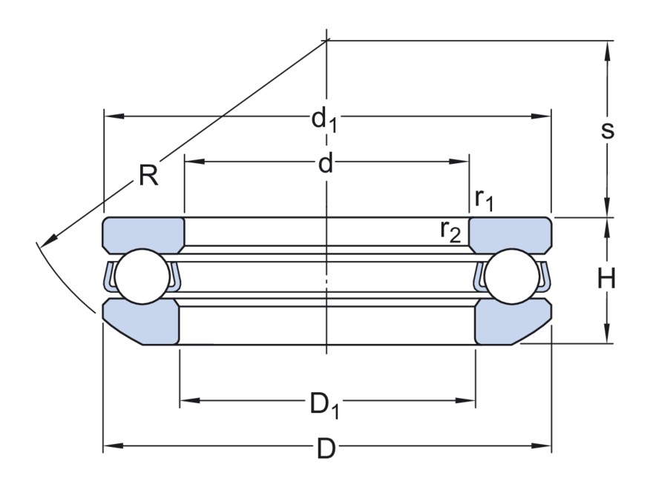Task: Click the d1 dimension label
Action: (324, 119)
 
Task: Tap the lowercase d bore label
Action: (325, 163)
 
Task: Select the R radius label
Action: (148, 176)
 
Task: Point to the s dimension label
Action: (607, 130)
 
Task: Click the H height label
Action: (607, 279)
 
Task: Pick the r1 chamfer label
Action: (485, 198)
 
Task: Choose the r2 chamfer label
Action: (450, 231)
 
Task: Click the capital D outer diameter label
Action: (326, 448)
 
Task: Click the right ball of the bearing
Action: (509, 276)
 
